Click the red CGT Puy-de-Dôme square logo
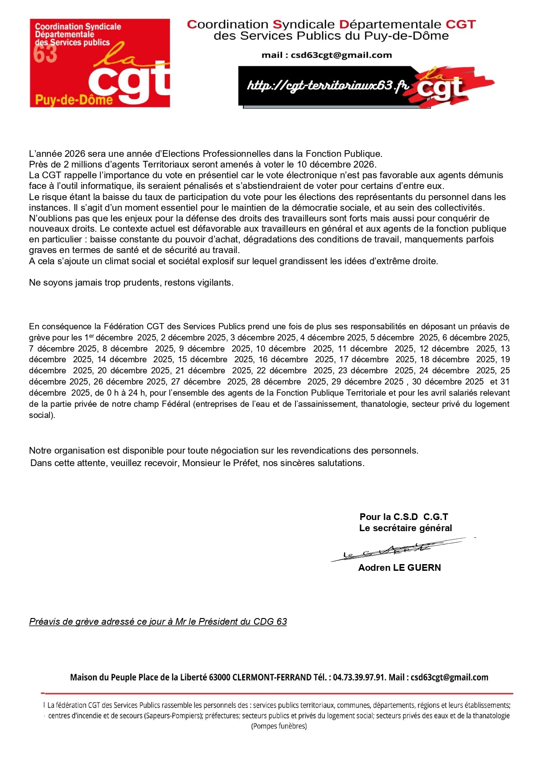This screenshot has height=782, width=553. pyautogui.click(x=100, y=63)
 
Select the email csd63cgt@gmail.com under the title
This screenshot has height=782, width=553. pyautogui.click(x=341, y=55)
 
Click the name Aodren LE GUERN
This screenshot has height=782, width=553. pyautogui.click(x=399, y=568)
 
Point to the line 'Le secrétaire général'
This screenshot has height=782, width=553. pyautogui.click(x=406, y=528)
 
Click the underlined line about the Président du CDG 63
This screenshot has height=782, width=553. pyautogui.click(x=158, y=622)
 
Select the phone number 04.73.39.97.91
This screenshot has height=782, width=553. pyautogui.click(x=359, y=677)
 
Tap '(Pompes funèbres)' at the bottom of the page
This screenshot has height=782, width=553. pyautogui.click(x=279, y=726)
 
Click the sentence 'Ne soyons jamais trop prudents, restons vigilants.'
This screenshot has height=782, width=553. pyautogui.click(x=131, y=283)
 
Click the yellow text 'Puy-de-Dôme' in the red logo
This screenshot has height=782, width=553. pyautogui.click(x=74, y=99)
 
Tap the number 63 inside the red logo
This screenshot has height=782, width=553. pyautogui.click(x=45, y=54)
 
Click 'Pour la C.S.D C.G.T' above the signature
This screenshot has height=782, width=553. pyautogui.click(x=404, y=517)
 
